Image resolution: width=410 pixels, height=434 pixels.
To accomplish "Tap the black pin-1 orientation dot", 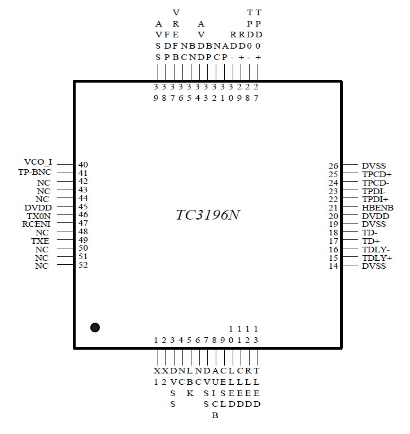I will click(95, 327).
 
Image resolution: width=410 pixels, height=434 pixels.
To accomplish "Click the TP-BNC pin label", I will click(36, 173).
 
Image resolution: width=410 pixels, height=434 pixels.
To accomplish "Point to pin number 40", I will click(83, 165).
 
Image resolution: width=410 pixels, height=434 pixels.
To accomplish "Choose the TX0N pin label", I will click(39, 216).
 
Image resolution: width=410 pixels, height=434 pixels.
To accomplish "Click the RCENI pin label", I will click(37, 224).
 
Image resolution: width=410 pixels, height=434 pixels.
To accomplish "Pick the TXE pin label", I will click(41, 240).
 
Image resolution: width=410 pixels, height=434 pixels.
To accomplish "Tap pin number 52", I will click(83, 265).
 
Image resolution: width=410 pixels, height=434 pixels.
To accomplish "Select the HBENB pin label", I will click(378, 208).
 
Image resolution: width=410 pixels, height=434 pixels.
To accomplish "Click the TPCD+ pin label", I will click(377, 174).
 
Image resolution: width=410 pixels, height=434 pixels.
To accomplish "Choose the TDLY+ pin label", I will click(377, 258).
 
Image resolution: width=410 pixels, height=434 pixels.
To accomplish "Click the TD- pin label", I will click(370, 233).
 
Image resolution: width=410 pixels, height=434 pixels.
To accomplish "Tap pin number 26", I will click(333, 166).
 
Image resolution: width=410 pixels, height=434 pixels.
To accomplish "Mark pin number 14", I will click(333, 266).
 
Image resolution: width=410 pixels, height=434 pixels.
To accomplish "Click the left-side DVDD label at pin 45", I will click(38, 207).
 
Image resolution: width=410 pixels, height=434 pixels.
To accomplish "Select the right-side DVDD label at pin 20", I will click(376, 216).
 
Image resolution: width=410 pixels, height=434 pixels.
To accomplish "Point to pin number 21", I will click(333, 208).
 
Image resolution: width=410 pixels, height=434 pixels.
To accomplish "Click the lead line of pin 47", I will click(66, 224).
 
